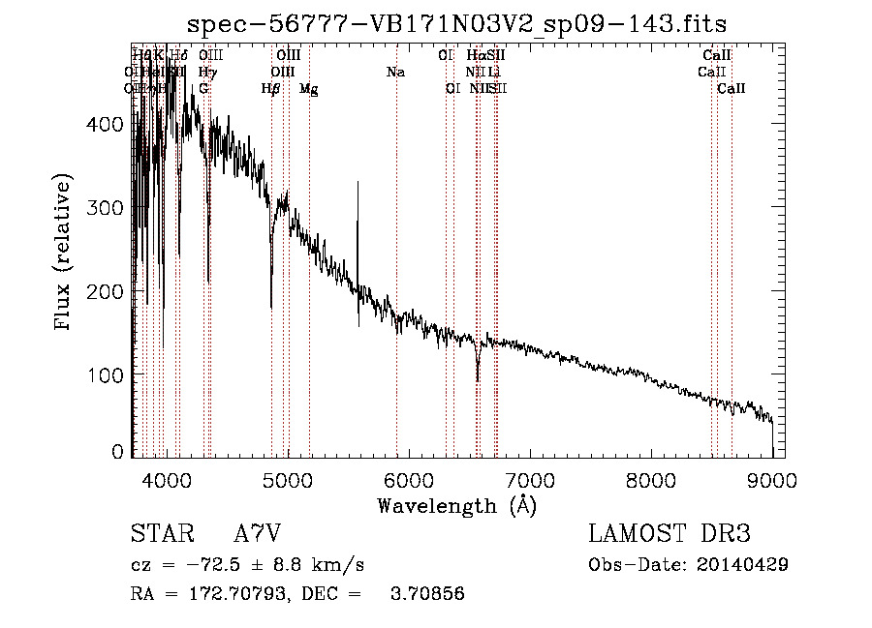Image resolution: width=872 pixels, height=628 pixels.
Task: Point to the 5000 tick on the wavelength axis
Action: coord(287,478)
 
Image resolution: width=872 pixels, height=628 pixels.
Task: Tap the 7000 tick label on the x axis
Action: coord(530,478)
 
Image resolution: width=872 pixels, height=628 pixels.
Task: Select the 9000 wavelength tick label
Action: coord(772,478)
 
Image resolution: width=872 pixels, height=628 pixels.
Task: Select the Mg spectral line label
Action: coord(308,89)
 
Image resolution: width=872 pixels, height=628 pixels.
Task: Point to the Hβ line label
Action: coord(271,89)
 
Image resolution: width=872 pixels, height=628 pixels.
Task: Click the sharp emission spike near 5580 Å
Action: coord(358,184)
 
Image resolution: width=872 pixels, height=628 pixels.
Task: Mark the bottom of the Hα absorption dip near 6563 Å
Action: coord(478,379)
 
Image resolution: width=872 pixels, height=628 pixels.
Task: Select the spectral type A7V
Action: coord(258,534)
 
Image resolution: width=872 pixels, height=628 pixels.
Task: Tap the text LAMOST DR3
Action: coord(670,534)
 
